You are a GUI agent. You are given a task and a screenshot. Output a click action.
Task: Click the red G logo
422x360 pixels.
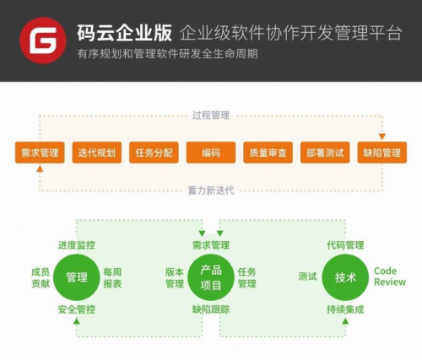[43, 40]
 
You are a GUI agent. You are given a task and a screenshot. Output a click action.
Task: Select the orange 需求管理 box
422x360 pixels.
[40, 153]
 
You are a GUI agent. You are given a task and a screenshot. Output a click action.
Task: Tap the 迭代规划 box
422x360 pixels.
[97, 153]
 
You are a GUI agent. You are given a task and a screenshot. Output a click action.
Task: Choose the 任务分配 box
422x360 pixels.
[154, 153]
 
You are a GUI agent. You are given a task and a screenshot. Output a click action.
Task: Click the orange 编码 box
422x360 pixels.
[211, 153]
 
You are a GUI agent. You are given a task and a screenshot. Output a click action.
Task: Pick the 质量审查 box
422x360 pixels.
[268, 153]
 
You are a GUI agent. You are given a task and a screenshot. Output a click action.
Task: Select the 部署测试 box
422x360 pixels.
[325, 153]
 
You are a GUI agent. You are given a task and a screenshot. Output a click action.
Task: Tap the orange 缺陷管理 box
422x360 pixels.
[382, 153]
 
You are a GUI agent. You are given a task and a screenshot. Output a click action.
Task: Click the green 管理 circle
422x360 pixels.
[77, 277]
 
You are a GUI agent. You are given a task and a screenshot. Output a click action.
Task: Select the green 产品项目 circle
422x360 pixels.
[211, 277]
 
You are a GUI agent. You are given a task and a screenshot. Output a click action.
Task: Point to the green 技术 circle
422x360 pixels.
[345, 277]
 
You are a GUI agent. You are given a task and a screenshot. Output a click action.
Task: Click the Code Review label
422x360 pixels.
[390, 277]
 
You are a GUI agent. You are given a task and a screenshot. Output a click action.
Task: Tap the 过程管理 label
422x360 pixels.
[211, 116]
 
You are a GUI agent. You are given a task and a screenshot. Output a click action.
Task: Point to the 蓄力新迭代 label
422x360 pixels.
[211, 191]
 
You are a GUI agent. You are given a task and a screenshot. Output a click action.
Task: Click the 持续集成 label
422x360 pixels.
[345, 309]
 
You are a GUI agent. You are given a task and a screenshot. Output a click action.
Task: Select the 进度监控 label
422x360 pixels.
[77, 245]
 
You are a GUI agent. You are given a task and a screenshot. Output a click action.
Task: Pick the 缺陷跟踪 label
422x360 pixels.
[211, 309]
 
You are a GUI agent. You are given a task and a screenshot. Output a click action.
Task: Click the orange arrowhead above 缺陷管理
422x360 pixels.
[382, 137]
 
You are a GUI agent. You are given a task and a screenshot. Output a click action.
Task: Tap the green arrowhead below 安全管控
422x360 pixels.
[77, 320]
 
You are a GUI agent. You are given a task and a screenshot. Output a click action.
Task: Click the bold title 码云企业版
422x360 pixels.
[124, 33]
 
